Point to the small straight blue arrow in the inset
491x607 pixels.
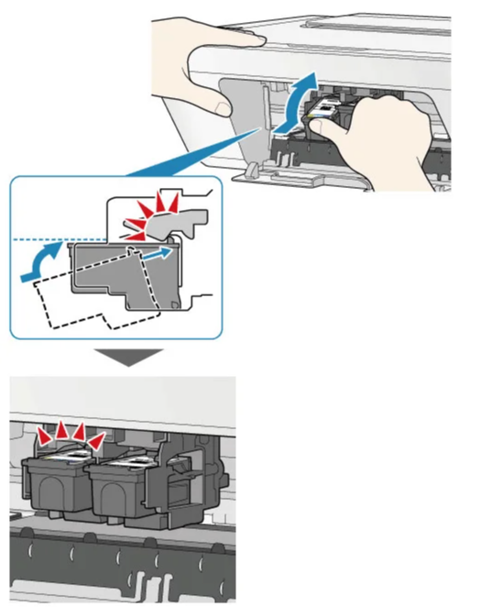coord(158,250)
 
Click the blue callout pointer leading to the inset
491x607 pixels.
coord(183,160)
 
